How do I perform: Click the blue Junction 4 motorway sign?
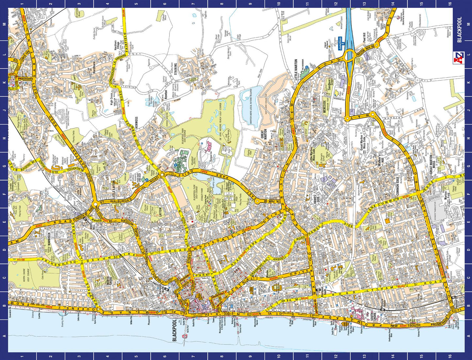tap(340, 43)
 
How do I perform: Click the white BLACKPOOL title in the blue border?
tap(459, 30)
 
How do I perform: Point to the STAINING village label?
tap(175, 69)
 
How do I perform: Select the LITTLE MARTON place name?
tap(296, 70)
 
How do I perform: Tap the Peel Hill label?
tap(364, 38)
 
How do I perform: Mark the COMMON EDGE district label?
tap(398, 187)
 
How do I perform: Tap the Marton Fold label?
tap(447, 196)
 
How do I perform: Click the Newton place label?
tap(166, 95)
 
